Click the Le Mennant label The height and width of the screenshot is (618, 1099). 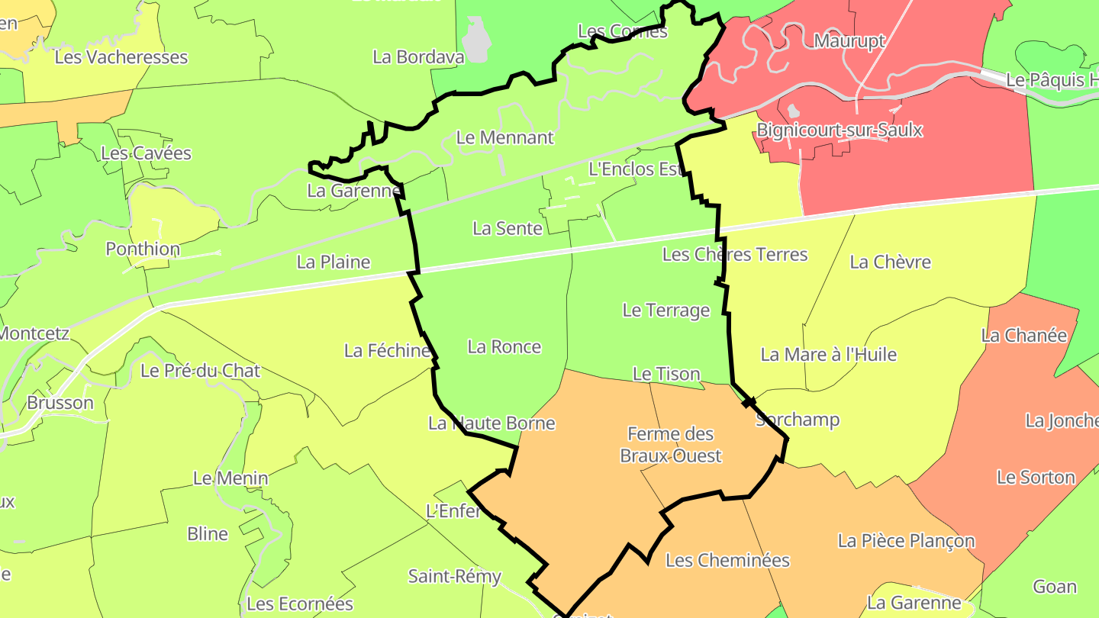(x=504, y=138)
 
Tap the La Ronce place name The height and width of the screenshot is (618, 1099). (x=504, y=347)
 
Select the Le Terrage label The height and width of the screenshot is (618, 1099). (x=666, y=311)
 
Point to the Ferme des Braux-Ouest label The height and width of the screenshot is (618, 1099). (x=670, y=445)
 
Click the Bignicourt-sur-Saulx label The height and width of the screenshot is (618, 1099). (x=840, y=130)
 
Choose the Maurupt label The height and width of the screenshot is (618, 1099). (x=849, y=40)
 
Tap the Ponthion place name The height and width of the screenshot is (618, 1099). (x=143, y=249)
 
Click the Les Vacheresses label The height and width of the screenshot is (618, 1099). (x=121, y=57)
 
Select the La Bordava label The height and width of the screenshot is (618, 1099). (x=408, y=56)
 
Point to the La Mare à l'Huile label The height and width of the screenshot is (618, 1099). (x=828, y=355)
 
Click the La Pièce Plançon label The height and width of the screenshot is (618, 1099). (x=906, y=541)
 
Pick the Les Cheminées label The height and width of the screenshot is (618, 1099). (x=727, y=561)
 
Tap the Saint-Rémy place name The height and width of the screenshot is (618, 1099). (x=454, y=576)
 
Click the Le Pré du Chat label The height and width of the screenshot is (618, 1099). (x=201, y=372)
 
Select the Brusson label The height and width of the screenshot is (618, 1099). (x=60, y=403)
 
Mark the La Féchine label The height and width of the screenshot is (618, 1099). (x=387, y=351)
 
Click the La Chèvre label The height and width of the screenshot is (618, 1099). (x=890, y=262)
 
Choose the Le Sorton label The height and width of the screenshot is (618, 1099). (x=1036, y=478)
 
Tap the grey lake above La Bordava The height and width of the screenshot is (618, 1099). (x=475, y=40)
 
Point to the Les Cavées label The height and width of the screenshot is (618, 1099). (x=146, y=153)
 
